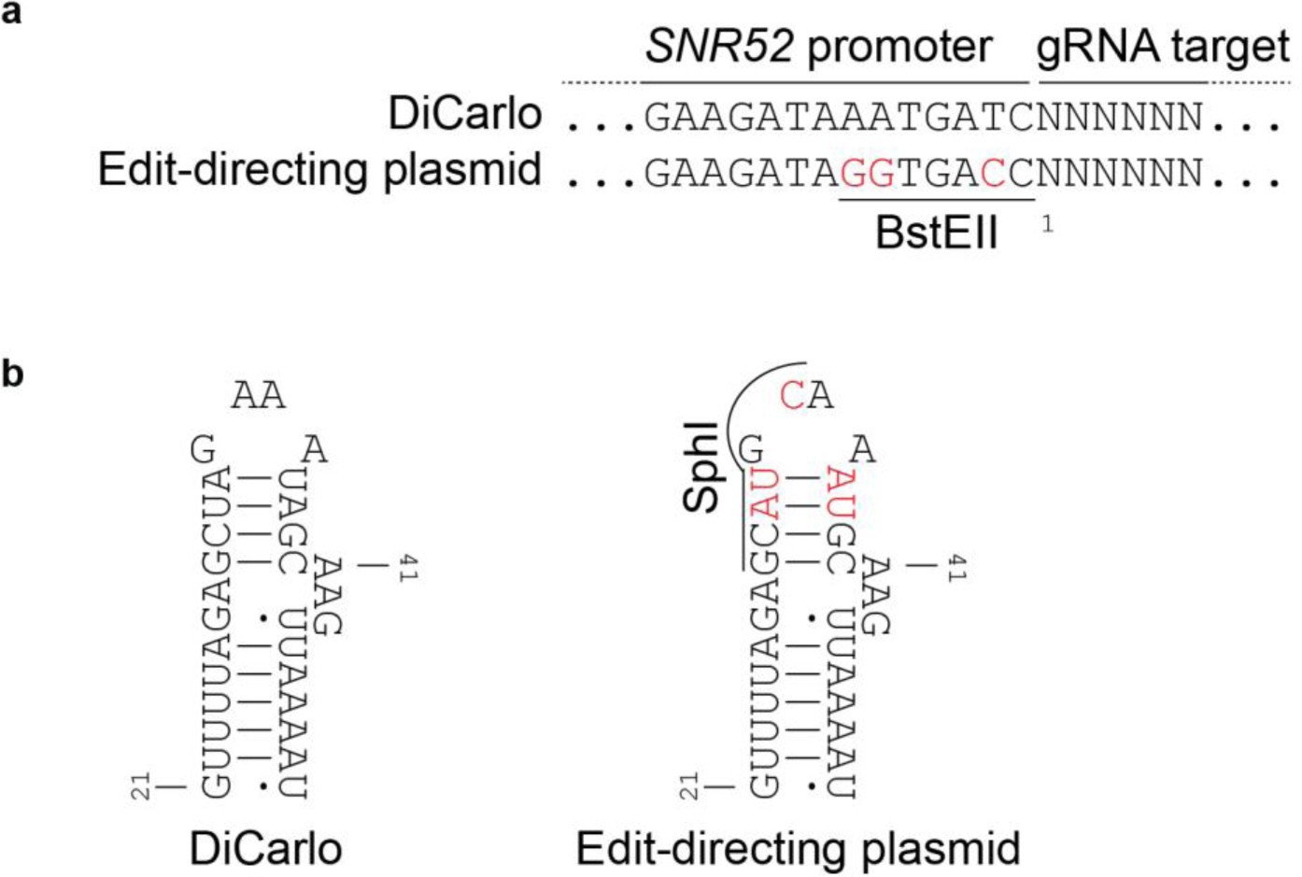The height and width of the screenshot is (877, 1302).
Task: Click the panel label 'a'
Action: point(12,14)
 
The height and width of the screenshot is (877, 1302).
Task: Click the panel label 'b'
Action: point(13,374)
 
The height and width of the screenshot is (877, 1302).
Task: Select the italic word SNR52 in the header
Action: point(719,47)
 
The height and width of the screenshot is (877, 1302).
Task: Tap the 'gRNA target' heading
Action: point(1163,47)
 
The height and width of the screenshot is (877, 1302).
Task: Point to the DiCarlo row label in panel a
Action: point(464,115)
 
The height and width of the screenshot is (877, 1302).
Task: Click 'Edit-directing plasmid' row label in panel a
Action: point(319,171)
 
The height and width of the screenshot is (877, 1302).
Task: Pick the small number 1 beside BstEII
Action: point(1048,224)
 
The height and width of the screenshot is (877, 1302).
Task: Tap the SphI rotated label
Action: point(702,467)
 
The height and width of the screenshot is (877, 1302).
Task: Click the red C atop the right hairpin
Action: point(791,396)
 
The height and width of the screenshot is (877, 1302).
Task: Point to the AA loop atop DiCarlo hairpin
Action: point(258,396)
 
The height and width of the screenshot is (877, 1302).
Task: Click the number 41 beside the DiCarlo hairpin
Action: point(407,568)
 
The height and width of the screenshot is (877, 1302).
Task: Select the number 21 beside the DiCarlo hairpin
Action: point(141,786)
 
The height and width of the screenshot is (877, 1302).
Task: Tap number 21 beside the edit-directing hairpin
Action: point(689,786)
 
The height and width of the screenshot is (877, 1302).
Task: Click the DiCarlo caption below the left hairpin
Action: point(265,849)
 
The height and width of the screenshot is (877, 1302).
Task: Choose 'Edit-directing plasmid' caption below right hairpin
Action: point(798,849)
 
